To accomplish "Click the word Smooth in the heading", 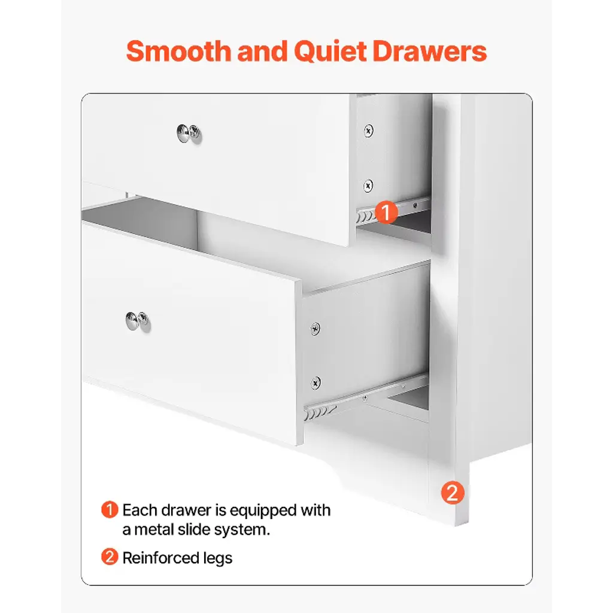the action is click(179, 51).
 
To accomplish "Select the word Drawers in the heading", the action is click(430, 51).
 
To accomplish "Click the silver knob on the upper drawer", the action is click(189, 133).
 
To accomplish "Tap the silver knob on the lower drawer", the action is click(138, 321).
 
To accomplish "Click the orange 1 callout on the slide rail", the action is click(386, 213).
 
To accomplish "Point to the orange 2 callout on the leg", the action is click(453, 493).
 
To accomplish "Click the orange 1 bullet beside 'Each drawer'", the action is click(110, 510).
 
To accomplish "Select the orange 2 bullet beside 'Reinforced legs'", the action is click(110, 557).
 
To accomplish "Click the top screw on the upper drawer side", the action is click(368, 131).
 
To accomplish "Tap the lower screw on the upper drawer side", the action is click(368, 186).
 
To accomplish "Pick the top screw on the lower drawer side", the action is click(315, 329).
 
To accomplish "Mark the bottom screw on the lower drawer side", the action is click(315, 383).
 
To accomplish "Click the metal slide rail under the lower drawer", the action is click(366, 396).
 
